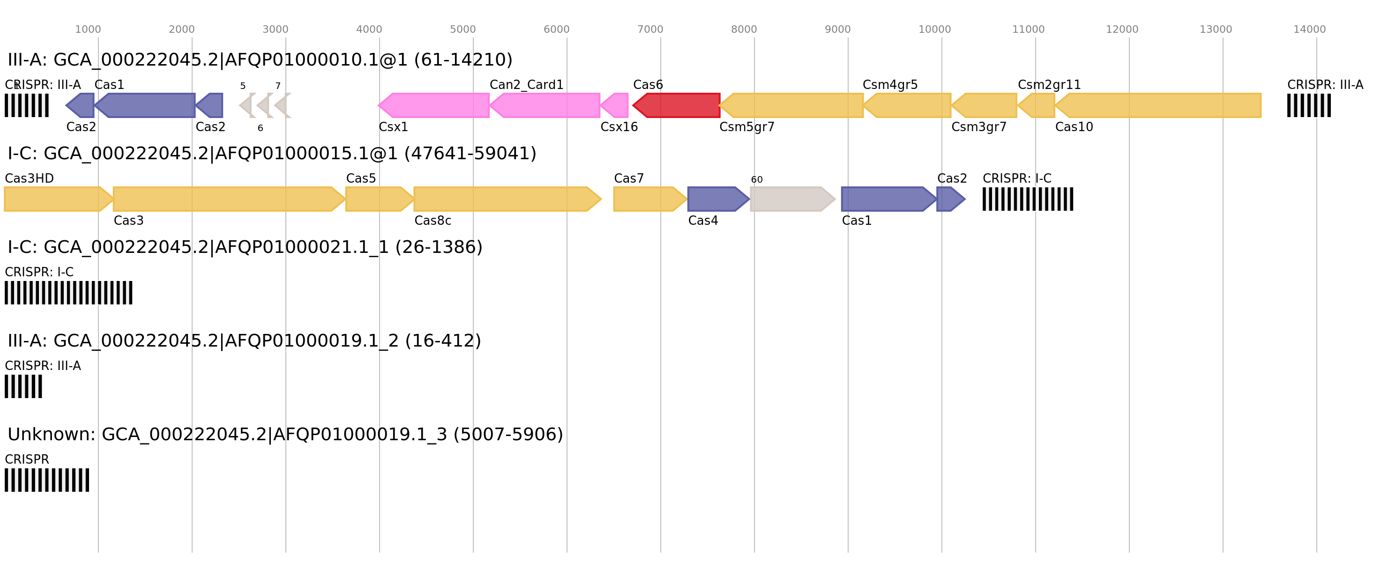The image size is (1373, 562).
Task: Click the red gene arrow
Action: tap(677, 105)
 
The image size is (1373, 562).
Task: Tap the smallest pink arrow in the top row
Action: tap(615, 105)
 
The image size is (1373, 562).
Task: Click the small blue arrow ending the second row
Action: tap(950, 199)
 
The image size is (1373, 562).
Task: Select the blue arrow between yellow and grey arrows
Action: tap(717, 199)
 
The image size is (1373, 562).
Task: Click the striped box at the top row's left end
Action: tap(27, 105)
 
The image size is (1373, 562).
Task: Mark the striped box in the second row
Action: tap(1028, 199)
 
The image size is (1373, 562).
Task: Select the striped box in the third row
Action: tap(68, 292)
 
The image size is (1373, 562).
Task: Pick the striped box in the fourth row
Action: tap(23, 386)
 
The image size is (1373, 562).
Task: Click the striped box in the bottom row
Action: tap(47, 480)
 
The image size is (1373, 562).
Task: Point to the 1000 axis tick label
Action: tap(88, 30)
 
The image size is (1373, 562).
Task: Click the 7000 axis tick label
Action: tap(650, 30)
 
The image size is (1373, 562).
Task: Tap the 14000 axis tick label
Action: tap(1309, 30)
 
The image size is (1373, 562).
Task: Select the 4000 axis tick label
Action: tap(369, 30)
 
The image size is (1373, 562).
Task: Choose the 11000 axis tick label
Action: tap(1028, 30)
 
